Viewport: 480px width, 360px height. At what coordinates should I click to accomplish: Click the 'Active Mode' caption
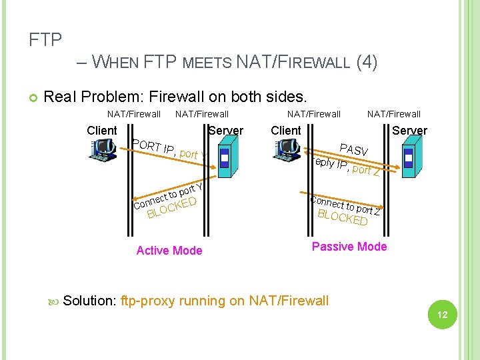(169, 251)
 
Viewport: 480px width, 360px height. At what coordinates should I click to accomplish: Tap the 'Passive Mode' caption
(349, 247)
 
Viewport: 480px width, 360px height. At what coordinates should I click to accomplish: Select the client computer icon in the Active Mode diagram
(103, 151)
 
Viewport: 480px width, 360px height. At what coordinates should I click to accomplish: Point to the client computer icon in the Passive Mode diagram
(287, 151)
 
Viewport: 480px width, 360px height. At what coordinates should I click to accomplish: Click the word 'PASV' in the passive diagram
(353, 151)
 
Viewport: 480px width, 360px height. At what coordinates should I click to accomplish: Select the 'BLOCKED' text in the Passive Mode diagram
(343, 217)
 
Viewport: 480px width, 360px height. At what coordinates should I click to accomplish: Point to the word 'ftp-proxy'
(148, 301)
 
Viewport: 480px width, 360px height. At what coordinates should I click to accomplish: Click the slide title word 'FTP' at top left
(45, 40)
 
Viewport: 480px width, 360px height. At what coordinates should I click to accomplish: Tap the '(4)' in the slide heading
(367, 63)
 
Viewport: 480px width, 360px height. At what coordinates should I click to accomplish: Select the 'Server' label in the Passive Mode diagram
(409, 131)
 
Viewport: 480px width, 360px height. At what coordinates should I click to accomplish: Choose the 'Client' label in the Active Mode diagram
(102, 131)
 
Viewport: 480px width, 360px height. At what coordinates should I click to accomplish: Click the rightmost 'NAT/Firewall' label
(394, 114)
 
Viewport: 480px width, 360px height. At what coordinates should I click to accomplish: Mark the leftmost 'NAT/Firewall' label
(134, 114)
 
